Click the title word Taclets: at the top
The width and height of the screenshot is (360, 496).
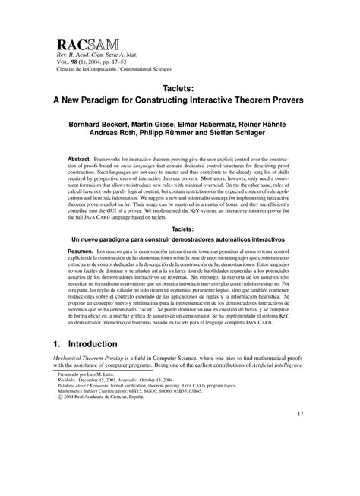coord(180,87)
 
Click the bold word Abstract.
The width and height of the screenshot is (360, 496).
coord(81,159)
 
